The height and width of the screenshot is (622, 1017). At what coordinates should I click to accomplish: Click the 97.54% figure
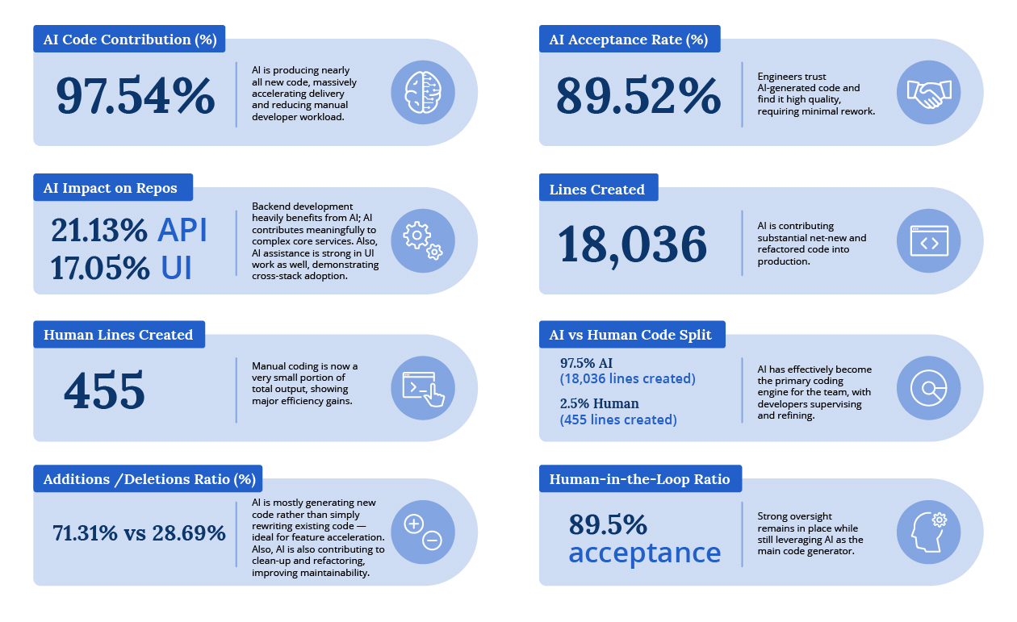click(135, 96)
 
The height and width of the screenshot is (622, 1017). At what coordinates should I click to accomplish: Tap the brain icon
click(423, 92)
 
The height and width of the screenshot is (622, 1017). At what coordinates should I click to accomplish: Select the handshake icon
click(928, 92)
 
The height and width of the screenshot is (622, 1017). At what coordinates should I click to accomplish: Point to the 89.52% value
click(638, 96)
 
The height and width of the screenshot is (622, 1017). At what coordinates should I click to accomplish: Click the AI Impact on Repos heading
click(111, 188)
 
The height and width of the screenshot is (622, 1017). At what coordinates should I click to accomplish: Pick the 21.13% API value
click(129, 231)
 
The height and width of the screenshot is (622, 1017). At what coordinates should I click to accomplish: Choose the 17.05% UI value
click(121, 268)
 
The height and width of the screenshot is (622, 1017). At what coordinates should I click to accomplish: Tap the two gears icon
click(423, 240)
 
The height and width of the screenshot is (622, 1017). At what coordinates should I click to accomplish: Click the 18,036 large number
click(632, 244)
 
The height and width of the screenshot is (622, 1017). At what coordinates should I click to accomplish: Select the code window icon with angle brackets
click(928, 240)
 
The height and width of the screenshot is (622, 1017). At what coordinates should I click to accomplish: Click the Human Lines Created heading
click(118, 335)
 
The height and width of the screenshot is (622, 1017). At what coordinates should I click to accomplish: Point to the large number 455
click(104, 390)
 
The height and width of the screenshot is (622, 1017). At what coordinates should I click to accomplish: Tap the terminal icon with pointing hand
click(423, 388)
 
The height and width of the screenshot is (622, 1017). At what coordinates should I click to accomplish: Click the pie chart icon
click(928, 388)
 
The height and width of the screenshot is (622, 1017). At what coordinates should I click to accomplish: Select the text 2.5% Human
click(599, 403)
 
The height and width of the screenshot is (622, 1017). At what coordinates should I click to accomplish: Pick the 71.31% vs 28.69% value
click(139, 533)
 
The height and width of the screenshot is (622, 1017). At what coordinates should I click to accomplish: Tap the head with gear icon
click(928, 532)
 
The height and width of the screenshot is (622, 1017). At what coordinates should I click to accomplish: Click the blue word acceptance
click(644, 553)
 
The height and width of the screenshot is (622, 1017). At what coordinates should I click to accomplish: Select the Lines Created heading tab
click(597, 190)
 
